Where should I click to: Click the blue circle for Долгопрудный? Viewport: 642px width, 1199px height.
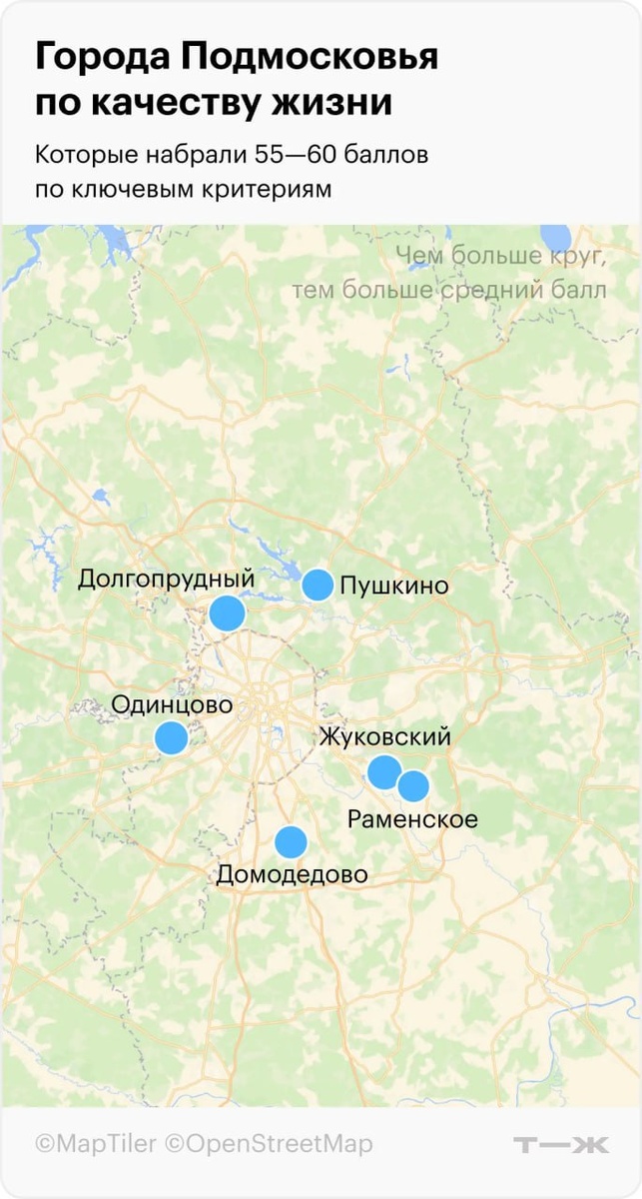coord(228,612)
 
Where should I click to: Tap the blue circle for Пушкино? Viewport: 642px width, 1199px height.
coord(318,585)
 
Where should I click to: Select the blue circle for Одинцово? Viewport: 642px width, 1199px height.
coord(171,738)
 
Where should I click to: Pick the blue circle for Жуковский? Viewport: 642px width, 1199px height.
coord(383,772)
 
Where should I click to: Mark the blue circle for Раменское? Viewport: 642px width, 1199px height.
coord(413,787)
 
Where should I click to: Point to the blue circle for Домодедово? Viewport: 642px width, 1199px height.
coord(291,842)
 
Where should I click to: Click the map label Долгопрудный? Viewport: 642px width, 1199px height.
coord(167,580)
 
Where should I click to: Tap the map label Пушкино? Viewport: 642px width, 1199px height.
coord(393,587)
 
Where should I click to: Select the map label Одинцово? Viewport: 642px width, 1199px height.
coord(172,705)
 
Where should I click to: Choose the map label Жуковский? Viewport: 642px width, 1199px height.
coord(384,737)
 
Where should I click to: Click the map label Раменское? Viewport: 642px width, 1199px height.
coord(412,820)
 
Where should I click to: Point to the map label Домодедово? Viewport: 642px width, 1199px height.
coord(292,875)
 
